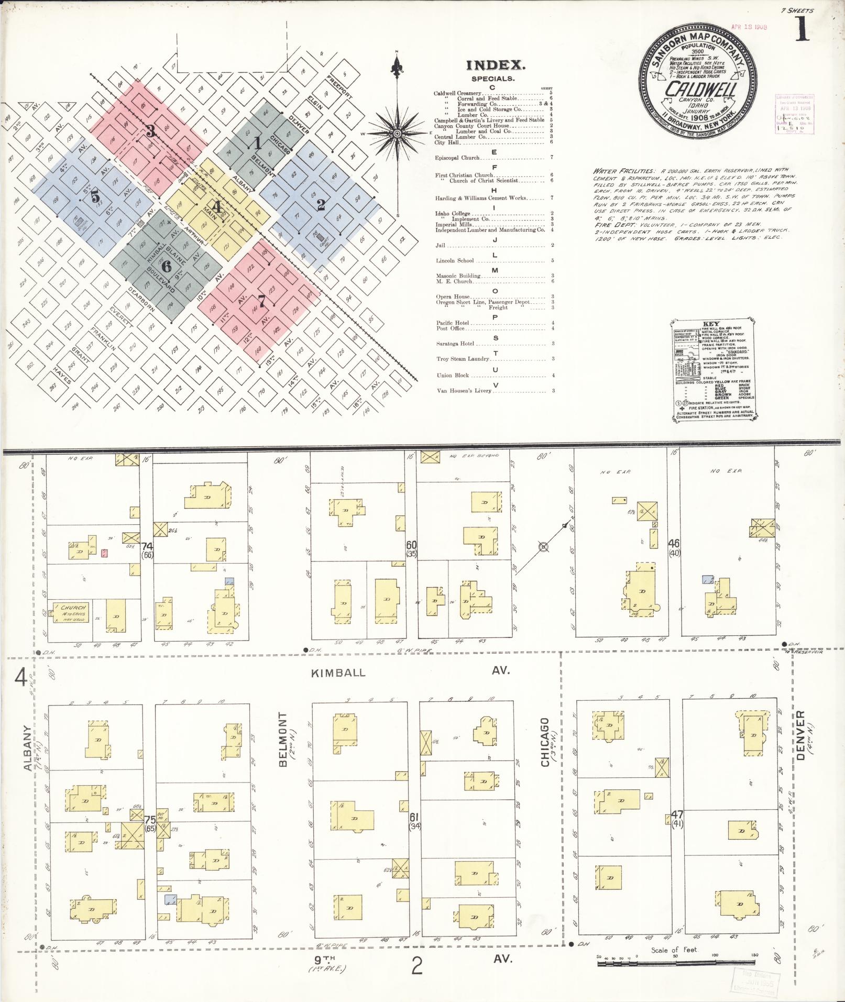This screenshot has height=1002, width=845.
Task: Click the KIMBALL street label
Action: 338,673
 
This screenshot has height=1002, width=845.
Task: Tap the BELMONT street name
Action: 283,739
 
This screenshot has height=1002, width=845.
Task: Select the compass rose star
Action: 397,134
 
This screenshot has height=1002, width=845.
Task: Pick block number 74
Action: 147,546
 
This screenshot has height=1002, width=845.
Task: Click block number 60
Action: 411,545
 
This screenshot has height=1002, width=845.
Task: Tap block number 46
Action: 674,544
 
